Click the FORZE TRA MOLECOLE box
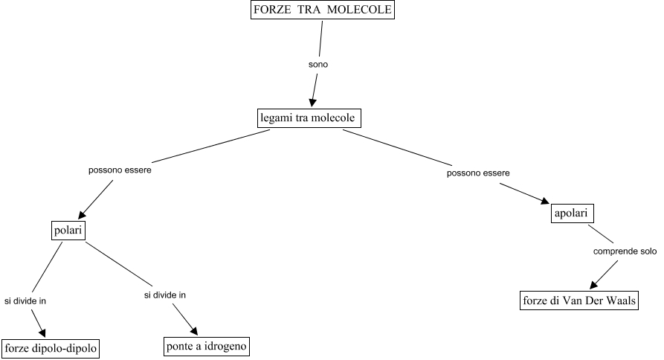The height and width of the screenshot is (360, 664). (x=321, y=10)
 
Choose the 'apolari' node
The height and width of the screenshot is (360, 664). (x=571, y=213)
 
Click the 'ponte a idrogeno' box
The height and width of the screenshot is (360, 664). (x=206, y=346)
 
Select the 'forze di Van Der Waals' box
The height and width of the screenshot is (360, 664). (x=578, y=301)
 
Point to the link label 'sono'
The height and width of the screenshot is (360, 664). (x=318, y=65)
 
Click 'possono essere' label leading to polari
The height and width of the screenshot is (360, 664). (x=120, y=170)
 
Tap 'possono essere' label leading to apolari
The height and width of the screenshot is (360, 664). (x=478, y=173)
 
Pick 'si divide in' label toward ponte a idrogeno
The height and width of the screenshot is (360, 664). (x=164, y=295)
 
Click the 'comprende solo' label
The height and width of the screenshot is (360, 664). (x=625, y=251)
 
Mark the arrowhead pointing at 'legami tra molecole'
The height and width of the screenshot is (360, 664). (x=313, y=104)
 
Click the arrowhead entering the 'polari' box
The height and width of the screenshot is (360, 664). (x=83, y=211)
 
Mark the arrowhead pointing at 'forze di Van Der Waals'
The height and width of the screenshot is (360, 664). (x=596, y=285)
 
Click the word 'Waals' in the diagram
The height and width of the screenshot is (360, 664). (x=618, y=301)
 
